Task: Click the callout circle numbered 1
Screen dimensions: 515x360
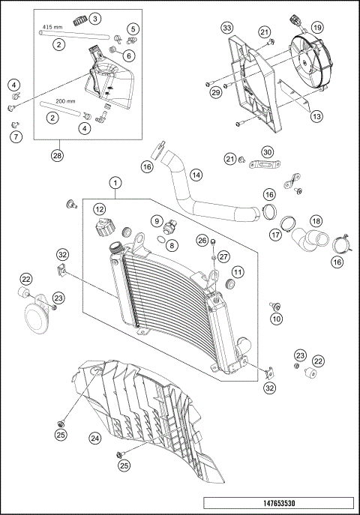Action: tap(115, 182)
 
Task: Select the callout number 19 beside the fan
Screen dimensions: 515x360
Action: tap(317, 27)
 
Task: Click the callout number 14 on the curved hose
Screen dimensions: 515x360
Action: tap(195, 174)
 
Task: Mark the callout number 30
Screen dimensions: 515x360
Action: tap(267, 152)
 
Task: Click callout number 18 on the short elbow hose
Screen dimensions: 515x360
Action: tap(316, 222)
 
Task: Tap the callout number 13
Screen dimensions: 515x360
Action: tap(317, 116)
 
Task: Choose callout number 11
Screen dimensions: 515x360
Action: tap(237, 271)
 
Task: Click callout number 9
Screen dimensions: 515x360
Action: tap(157, 221)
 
